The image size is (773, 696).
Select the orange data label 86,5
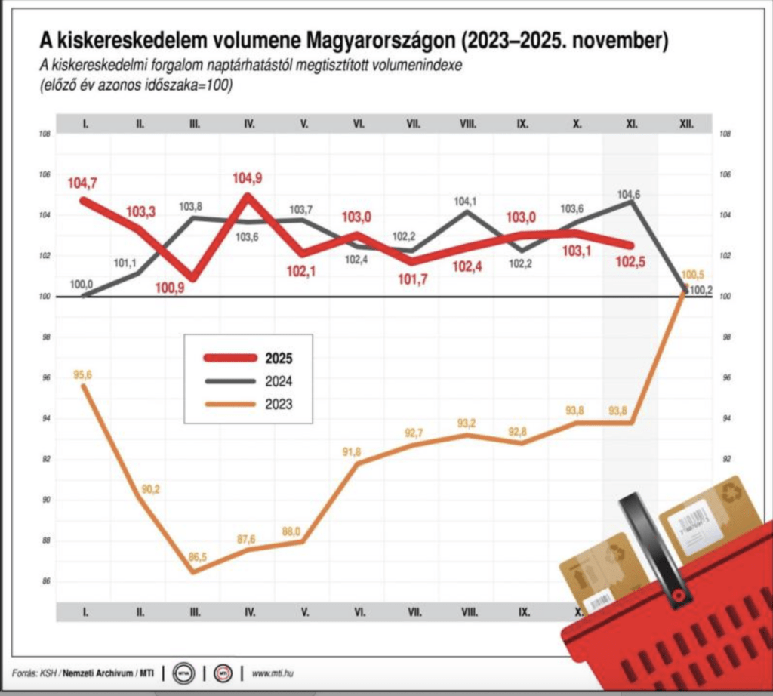195,557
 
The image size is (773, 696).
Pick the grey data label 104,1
466,202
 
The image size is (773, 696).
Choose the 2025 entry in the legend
278,359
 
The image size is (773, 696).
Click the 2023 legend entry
278,405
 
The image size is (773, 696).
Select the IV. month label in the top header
249,122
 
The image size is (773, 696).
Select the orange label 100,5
692,275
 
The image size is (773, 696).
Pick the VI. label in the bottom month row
359,612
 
